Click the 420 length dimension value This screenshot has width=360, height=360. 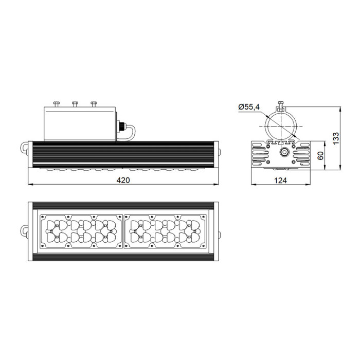click(123, 180)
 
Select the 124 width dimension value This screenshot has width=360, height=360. click(281, 181)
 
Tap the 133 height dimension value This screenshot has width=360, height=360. click(335, 138)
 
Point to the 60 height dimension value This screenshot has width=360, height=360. click(320, 155)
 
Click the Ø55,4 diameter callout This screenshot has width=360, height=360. click(249, 107)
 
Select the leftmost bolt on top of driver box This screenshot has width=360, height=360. click(56, 104)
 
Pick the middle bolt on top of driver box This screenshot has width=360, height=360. click(75, 104)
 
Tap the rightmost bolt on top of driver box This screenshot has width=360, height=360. click(94, 104)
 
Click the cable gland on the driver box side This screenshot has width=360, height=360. click(120, 127)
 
